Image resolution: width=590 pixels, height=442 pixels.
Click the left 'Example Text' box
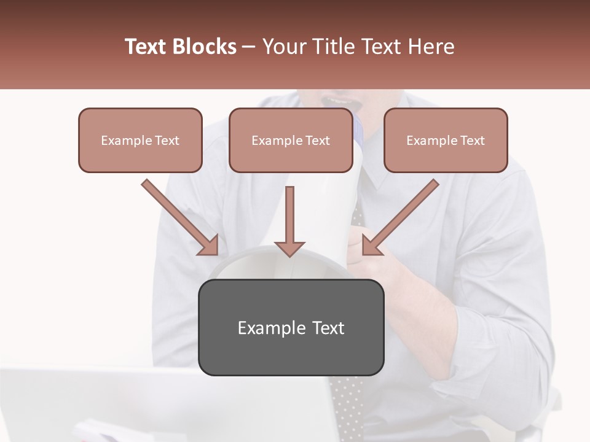click(x=140, y=140)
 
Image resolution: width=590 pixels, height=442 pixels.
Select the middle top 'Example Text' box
click(x=290, y=140)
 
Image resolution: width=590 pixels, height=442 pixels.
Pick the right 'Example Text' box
click(x=446, y=140)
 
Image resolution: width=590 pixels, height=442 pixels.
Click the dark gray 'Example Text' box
click(x=291, y=327)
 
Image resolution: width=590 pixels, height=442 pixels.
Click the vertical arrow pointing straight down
click(x=289, y=221)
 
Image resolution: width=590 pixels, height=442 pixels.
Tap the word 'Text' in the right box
click(x=472, y=141)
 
